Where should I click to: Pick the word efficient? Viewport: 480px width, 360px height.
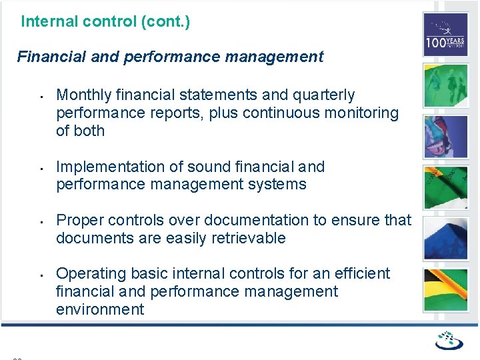pos(363,273)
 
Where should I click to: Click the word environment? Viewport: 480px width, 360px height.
pos(100,309)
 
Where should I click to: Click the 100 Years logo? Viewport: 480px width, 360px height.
pos(445,35)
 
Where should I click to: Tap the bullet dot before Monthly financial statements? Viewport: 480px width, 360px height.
pos(41,96)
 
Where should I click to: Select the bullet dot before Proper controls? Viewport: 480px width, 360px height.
pos(41,221)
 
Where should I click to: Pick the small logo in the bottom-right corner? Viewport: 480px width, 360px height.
pos(449,341)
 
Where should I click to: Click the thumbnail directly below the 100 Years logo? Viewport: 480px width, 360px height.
pos(445,85)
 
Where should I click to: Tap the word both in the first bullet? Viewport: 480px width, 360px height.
pos(90,131)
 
